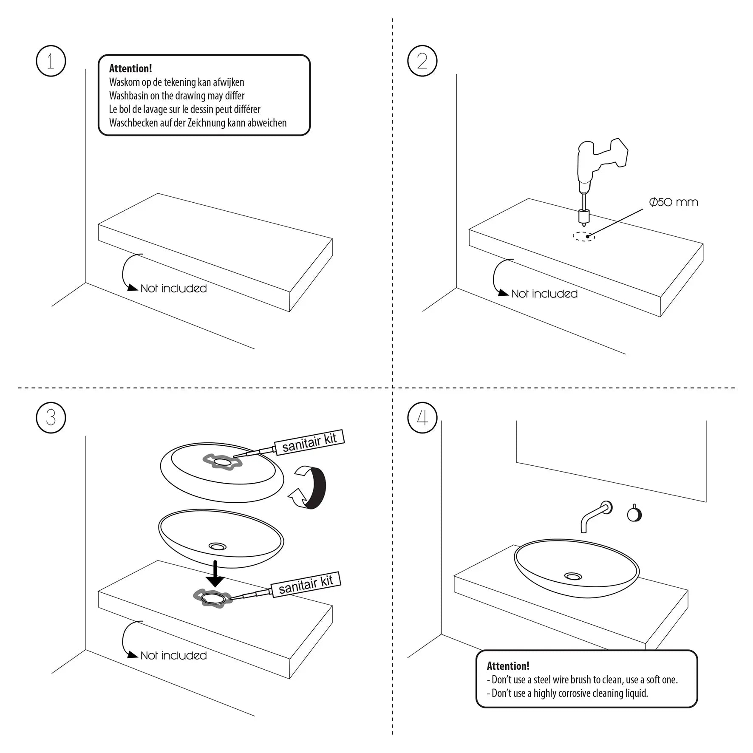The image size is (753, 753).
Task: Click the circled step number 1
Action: tap(51, 61)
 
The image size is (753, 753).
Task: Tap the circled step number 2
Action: tap(422, 61)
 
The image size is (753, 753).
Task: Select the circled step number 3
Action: tap(51, 417)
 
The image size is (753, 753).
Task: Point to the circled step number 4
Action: tap(422, 417)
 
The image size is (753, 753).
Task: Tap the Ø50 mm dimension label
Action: tap(674, 202)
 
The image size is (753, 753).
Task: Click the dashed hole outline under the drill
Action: tap(583, 237)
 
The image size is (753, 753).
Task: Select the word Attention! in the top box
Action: tap(130, 68)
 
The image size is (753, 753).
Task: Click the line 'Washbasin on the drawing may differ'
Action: tap(177, 96)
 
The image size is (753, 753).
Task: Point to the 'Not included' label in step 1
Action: tap(173, 289)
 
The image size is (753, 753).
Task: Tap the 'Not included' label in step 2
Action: tap(544, 294)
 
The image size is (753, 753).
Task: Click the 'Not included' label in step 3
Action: tap(173, 656)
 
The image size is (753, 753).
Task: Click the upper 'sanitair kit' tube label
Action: tap(309, 442)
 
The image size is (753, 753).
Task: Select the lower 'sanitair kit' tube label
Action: tap(306, 584)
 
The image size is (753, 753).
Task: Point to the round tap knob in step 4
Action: tap(634, 515)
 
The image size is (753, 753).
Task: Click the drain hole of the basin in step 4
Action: tap(573, 576)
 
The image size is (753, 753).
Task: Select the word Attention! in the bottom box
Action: tap(508, 666)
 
